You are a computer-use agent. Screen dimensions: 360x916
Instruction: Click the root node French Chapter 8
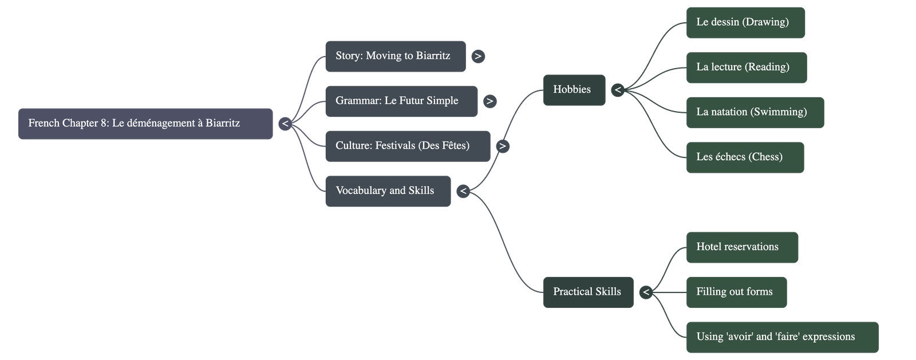click(x=145, y=124)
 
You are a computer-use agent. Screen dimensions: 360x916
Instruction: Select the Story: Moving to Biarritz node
click(x=395, y=56)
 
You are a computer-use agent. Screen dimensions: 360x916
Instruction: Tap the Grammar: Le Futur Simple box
click(x=401, y=101)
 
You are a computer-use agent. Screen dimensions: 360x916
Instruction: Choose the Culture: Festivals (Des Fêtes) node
click(x=407, y=146)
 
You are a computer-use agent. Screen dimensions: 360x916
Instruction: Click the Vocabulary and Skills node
click(x=388, y=191)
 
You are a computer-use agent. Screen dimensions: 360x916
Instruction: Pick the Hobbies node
click(x=574, y=90)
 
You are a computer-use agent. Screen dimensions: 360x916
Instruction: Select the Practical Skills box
click(x=588, y=292)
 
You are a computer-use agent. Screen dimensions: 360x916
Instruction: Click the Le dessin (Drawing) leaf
click(x=745, y=23)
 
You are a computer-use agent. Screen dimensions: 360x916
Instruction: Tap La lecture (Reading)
click(x=746, y=68)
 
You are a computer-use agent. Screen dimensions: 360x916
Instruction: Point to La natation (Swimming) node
click(x=755, y=112)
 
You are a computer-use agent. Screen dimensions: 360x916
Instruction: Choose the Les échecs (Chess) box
click(x=745, y=157)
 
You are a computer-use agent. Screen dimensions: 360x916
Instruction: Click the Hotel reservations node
click(x=741, y=247)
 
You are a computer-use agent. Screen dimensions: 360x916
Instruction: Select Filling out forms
click(x=736, y=292)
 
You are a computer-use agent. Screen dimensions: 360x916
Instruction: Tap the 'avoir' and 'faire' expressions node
click(x=781, y=337)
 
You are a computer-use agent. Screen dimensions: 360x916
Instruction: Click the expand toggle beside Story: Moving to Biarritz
click(x=477, y=56)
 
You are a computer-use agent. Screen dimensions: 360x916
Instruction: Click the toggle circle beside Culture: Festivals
click(x=502, y=146)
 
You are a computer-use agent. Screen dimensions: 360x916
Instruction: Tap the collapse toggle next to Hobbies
click(x=617, y=90)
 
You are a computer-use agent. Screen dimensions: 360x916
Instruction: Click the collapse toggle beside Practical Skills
click(x=646, y=292)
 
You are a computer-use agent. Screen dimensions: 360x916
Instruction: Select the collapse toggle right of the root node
click(x=285, y=124)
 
